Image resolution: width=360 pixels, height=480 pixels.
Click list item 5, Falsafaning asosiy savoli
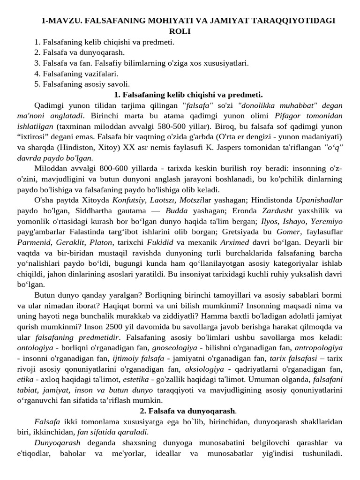[82, 84]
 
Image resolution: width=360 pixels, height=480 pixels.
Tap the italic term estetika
[135, 379]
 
